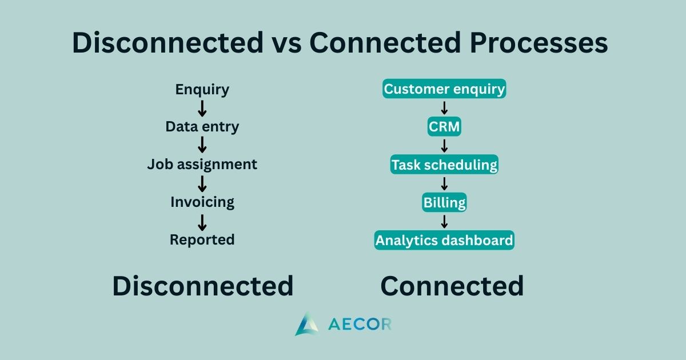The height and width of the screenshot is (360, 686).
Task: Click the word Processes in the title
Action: [539, 42]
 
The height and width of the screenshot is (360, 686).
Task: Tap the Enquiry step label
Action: [202, 90]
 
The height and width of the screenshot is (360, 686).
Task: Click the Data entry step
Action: [202, 127]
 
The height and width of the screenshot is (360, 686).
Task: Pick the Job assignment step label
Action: [202, 165]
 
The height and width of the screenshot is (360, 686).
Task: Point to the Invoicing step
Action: [202, 202]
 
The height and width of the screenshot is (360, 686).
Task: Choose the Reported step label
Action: [202, 239]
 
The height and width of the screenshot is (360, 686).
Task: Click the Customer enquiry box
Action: [444, 89]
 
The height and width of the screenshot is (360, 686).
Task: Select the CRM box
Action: [444, 126]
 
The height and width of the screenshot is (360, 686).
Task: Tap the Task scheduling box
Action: [444, 165]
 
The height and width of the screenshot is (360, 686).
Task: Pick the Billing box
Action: [444, 202]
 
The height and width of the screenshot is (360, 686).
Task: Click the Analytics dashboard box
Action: [444, 241]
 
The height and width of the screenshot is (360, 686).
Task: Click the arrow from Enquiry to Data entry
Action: [202, 109]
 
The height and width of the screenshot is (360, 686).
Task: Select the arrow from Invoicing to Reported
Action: [202, 222]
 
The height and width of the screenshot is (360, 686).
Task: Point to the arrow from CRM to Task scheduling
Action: [444, 146]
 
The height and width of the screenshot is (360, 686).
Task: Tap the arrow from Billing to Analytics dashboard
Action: [444, 222]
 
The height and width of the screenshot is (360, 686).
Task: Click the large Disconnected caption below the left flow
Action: [203, 286]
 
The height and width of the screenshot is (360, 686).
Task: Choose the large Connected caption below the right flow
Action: [452, 286]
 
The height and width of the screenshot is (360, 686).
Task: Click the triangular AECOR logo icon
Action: [306, 324]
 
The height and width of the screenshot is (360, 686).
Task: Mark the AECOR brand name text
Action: [360, 325]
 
